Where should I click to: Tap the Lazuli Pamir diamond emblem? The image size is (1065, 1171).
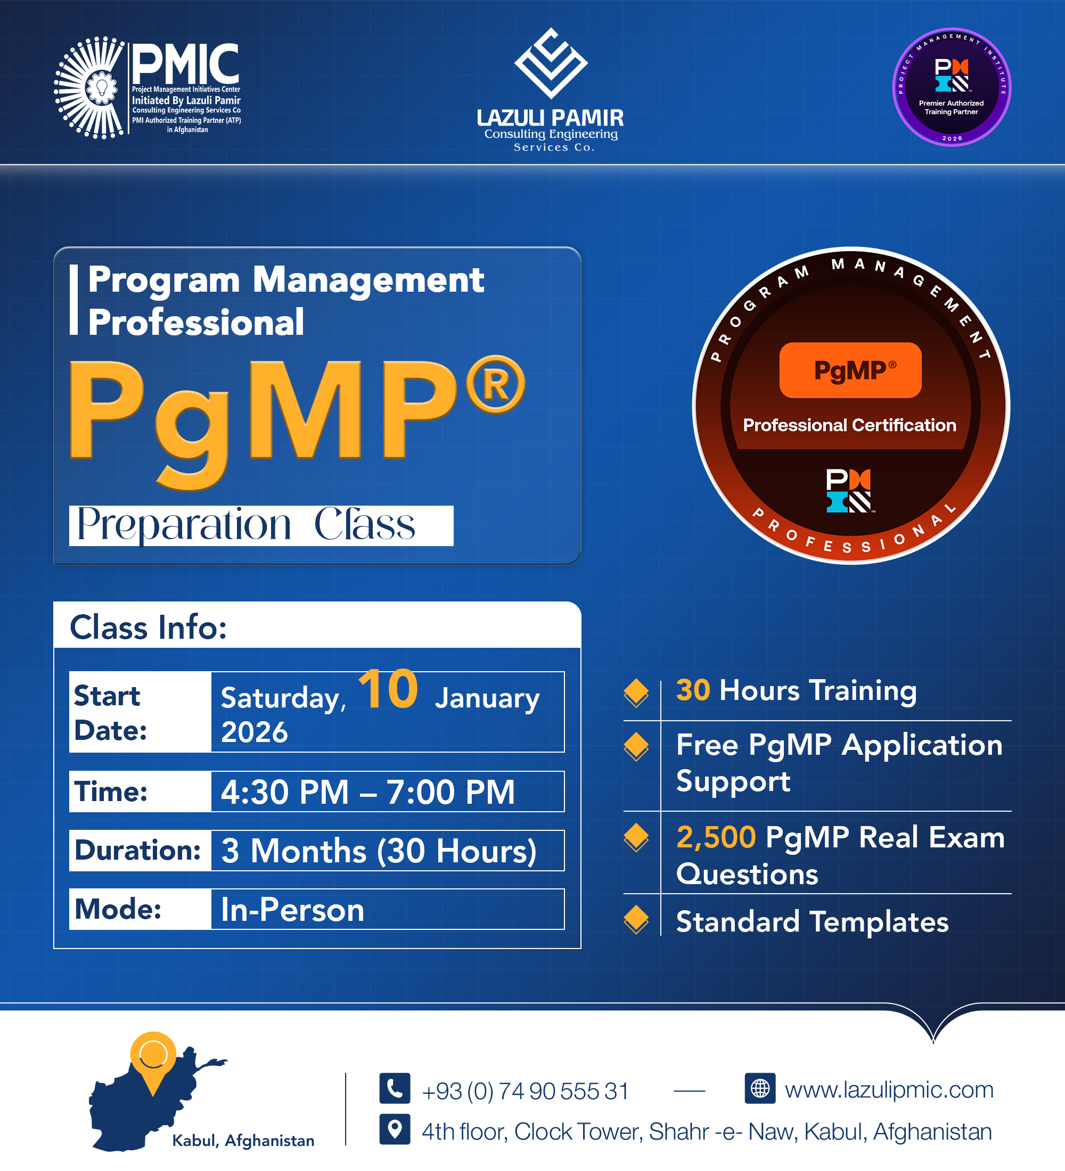coord(551,63)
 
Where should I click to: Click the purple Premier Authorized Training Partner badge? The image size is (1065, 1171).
coord(952,87)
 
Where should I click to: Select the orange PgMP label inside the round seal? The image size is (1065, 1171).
coord(850,370)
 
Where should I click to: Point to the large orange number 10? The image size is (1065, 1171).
coord(388,689)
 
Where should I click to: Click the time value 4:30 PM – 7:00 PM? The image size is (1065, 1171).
coord(368,791)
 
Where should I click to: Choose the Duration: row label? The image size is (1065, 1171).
coord(138,851)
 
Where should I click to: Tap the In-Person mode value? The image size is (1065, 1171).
coord(292,910)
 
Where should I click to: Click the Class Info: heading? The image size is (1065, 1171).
coord(148,628)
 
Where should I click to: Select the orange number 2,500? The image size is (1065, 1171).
coord(716,837)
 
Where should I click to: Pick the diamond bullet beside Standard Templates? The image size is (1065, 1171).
coord(636,919)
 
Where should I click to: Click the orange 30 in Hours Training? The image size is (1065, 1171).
coord(693,690)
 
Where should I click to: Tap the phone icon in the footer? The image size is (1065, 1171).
coord(395,1088)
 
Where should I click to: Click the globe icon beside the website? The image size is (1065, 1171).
coord(760,1088)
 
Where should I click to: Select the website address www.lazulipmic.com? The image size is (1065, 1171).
coord(889,1090)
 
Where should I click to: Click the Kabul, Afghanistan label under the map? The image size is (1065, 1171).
coord(243,1141)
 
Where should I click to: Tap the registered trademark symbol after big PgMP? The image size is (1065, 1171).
coord(495,384)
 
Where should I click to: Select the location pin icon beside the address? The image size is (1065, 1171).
coord(395,1129)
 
